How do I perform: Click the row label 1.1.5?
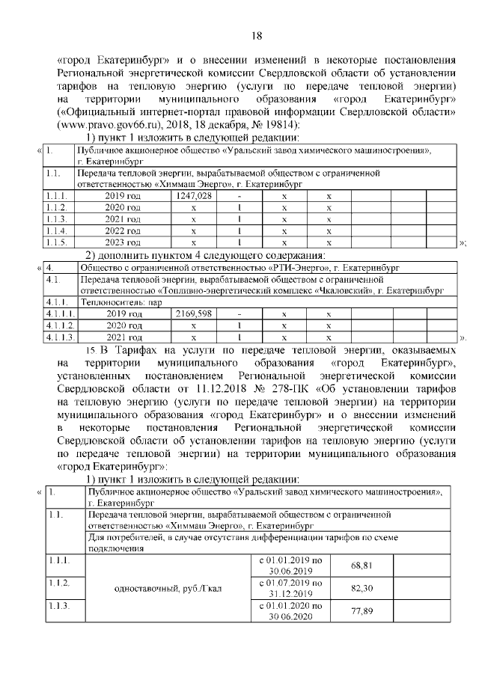click(x=56, y=243)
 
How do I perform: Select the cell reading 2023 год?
click(x=123, y=243)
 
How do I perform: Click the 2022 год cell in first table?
click(x=123, y=231)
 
